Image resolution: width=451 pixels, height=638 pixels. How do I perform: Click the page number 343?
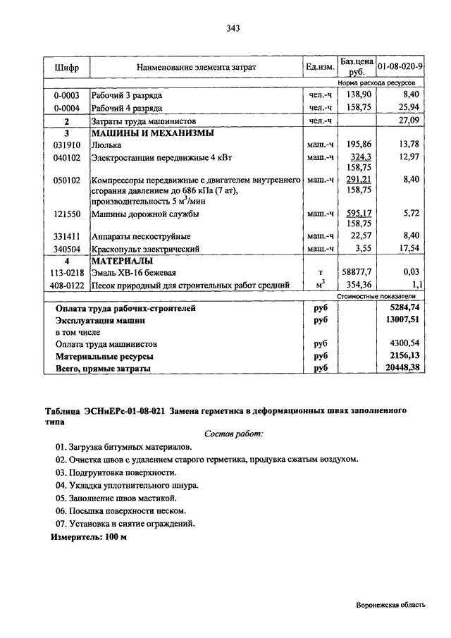[234, 29]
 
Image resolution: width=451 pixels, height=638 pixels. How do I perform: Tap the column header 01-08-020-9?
[400, 67]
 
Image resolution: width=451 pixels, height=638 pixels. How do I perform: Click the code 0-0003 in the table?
[66, 94]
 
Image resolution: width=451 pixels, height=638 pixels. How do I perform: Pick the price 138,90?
[359, 94]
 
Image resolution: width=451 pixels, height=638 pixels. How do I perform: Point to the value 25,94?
[409, 108]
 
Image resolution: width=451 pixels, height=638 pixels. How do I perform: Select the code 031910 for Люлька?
[66, 145]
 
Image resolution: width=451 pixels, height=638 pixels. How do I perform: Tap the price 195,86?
[359, 145]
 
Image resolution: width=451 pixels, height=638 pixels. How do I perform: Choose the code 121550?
[66, 214]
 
